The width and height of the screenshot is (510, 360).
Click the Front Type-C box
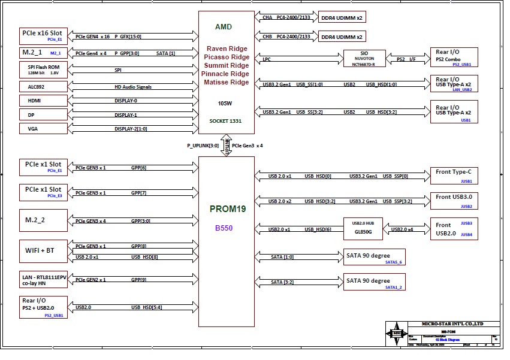click(x=454, y=175)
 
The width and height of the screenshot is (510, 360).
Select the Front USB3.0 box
click(x=454, y=199)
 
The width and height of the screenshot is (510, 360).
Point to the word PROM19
click(x=226, y=209)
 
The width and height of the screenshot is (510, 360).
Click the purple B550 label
click(x=224, y=228)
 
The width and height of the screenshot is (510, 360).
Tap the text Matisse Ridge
click(x=227, y=82)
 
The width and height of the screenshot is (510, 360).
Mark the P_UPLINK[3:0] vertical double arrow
click(x=227, y=146)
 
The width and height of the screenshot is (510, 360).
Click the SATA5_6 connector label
click(x=394, y=262)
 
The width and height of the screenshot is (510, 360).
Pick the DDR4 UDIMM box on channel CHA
click(x=342, y=18)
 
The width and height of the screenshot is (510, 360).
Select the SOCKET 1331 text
click(x=225, y=120)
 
